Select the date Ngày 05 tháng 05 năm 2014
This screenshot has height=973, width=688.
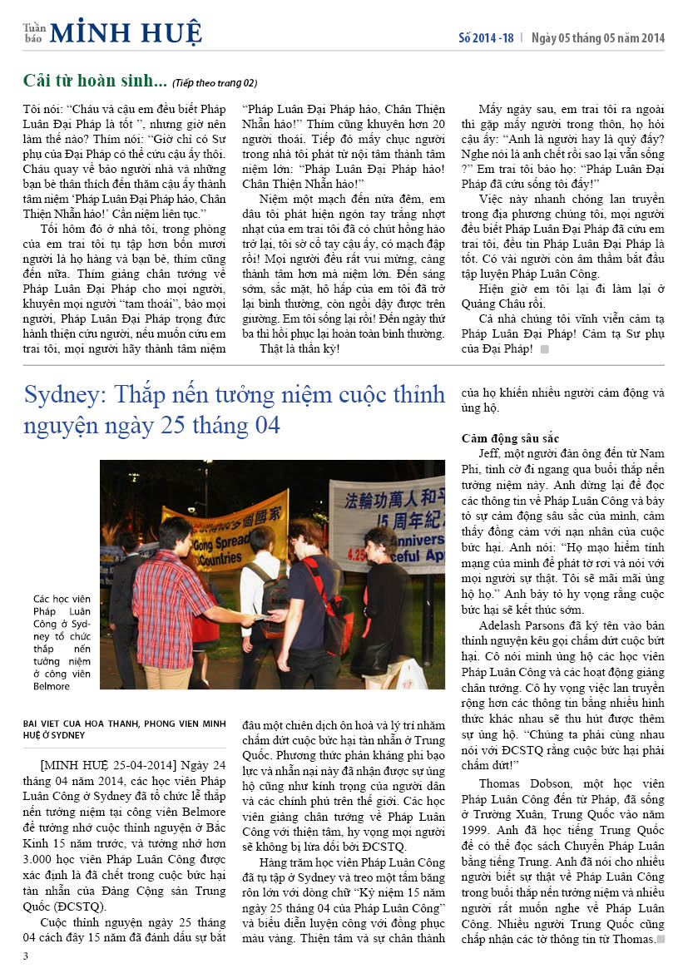point(598,37)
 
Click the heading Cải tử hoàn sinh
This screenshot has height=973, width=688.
point(95,81)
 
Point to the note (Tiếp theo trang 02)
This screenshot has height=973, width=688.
point(215,83)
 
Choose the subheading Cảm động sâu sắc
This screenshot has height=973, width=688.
point(510,438)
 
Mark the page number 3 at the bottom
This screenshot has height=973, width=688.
point(26,956)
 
